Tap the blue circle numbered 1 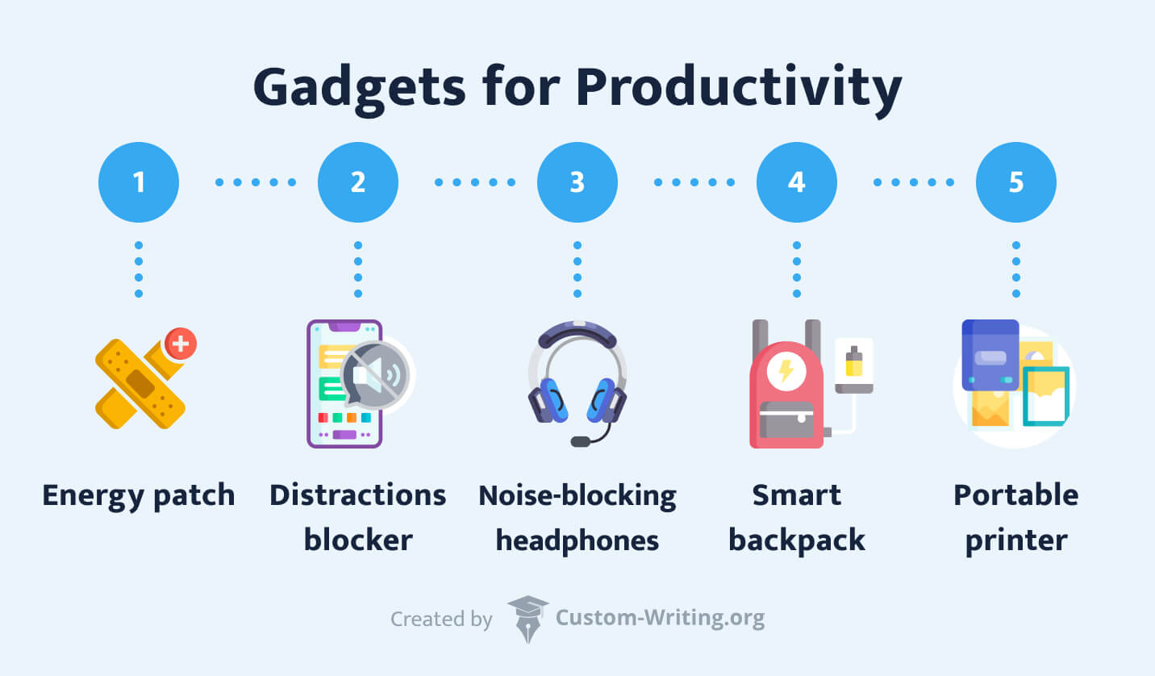pyautogui.click(x=139, y=182)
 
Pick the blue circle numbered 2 pyautogui.click(x=358, y=182)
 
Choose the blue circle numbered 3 pyautogui.click(x=577, y=182)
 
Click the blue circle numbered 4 pyautogui.click(x=797, y=182)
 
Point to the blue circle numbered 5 pyautogui.click(x=1016, y=182)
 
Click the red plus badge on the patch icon pyautogui.click(x=180, y=344)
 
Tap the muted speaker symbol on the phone pyautogui.click(x=375, y=376)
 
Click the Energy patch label pyautogui.click(x=139, y=494)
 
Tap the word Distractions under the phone pyautogui.click(x=358, y=494)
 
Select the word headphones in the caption pyautogui.click(x=577, y=540)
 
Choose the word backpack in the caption pyautogui.click(x=797, y=540)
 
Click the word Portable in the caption pyautogui.click(x=1016, y=494)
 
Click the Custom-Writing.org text pyautogui.click(x=660, y=619)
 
